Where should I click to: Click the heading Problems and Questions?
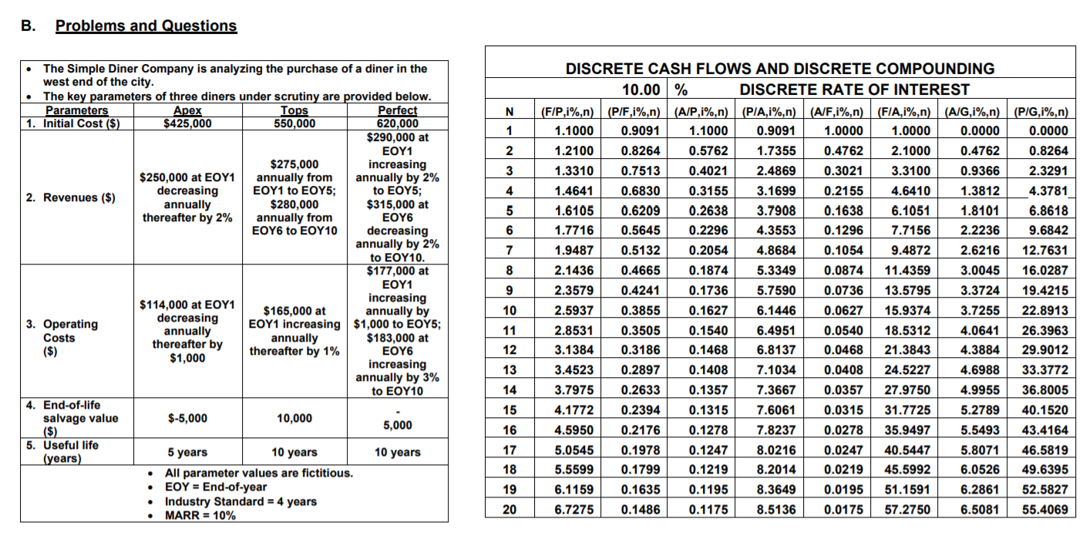pos(146,25)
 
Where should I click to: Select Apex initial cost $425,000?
pos(187,123)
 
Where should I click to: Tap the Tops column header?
pos(294,110)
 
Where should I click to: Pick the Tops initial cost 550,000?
pos(294,123)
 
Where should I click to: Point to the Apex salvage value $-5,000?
pos(187,418)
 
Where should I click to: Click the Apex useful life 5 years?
pos(187,452)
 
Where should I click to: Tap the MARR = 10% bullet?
pos(200,515)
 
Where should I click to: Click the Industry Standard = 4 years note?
pos(240,501)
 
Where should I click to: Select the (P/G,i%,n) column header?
pos(1041,112)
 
